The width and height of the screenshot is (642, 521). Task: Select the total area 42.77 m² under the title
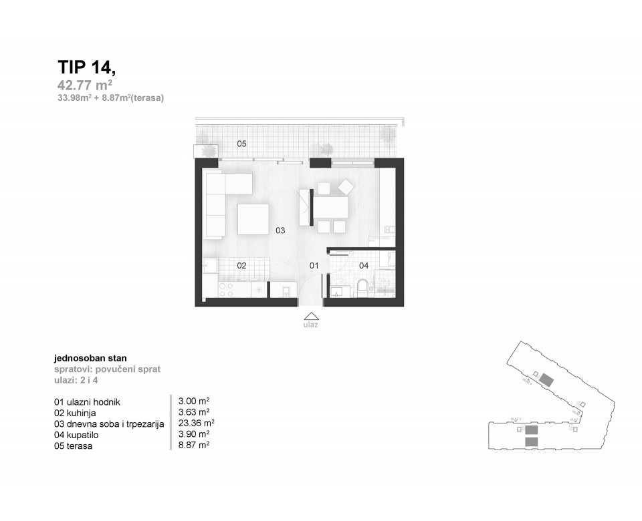[x=84, y=85]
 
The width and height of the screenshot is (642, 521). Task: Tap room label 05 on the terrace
[x=241, y=144]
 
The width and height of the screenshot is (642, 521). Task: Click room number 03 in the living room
[x=280, y=230]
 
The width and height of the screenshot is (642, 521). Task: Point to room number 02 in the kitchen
[x=241, y=265]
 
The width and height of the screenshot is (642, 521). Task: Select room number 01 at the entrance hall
[x=313, y=265]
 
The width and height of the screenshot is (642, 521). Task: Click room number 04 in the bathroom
[x=364, y=265]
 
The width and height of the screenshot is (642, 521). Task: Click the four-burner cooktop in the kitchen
[x=226, y=289]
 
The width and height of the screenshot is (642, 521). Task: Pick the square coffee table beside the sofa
[x=253, y=219]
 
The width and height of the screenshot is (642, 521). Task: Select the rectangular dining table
[x=331, y=208]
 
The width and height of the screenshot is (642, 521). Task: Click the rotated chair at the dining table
[x=347, y=186]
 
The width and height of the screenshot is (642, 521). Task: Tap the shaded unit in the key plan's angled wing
[x=546, y=381]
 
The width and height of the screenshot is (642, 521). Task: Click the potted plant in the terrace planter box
[x=205, y=151]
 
